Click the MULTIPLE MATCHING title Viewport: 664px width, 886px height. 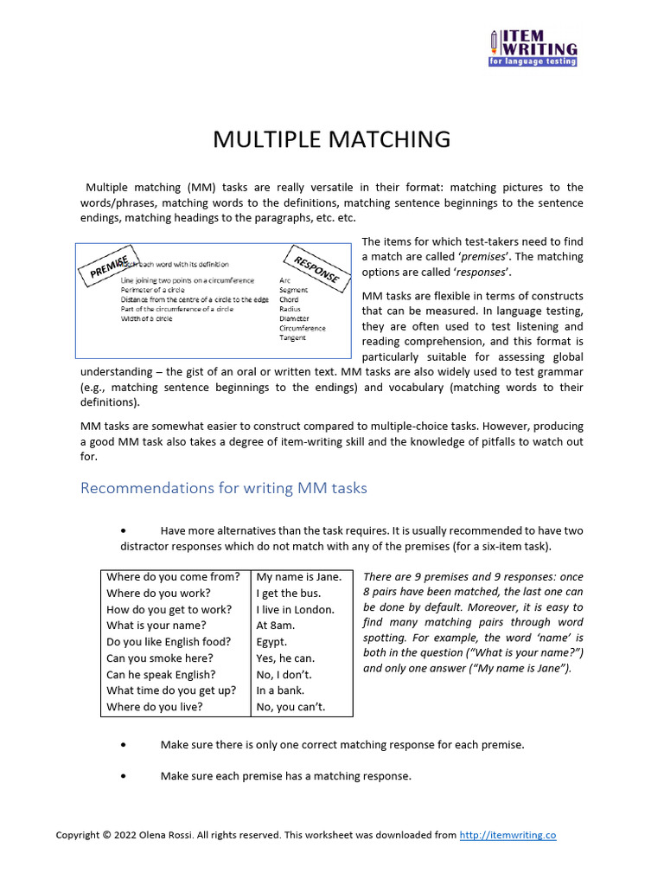(x=332, y=139)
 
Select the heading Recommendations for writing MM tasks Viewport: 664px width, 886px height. (x=223, y=488)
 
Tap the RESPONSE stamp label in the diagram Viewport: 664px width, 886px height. (x=316, y=268)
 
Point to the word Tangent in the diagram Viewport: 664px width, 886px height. (x=292, y=338)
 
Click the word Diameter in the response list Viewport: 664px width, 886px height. (x=294, y=318)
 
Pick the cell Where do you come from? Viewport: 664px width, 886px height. (x=173, y=577)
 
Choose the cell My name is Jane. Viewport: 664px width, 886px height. (x=299, y=577)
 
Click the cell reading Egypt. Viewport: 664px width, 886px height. (x=272, y=642)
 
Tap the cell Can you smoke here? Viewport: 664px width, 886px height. (x=161, y=658)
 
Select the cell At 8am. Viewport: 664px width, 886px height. (x=276, y=626)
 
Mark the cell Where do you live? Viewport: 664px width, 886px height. (x=155, y=707)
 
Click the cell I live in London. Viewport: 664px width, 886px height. (x=295, y=609)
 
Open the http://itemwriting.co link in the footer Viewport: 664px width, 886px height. (x=508, y=835)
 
